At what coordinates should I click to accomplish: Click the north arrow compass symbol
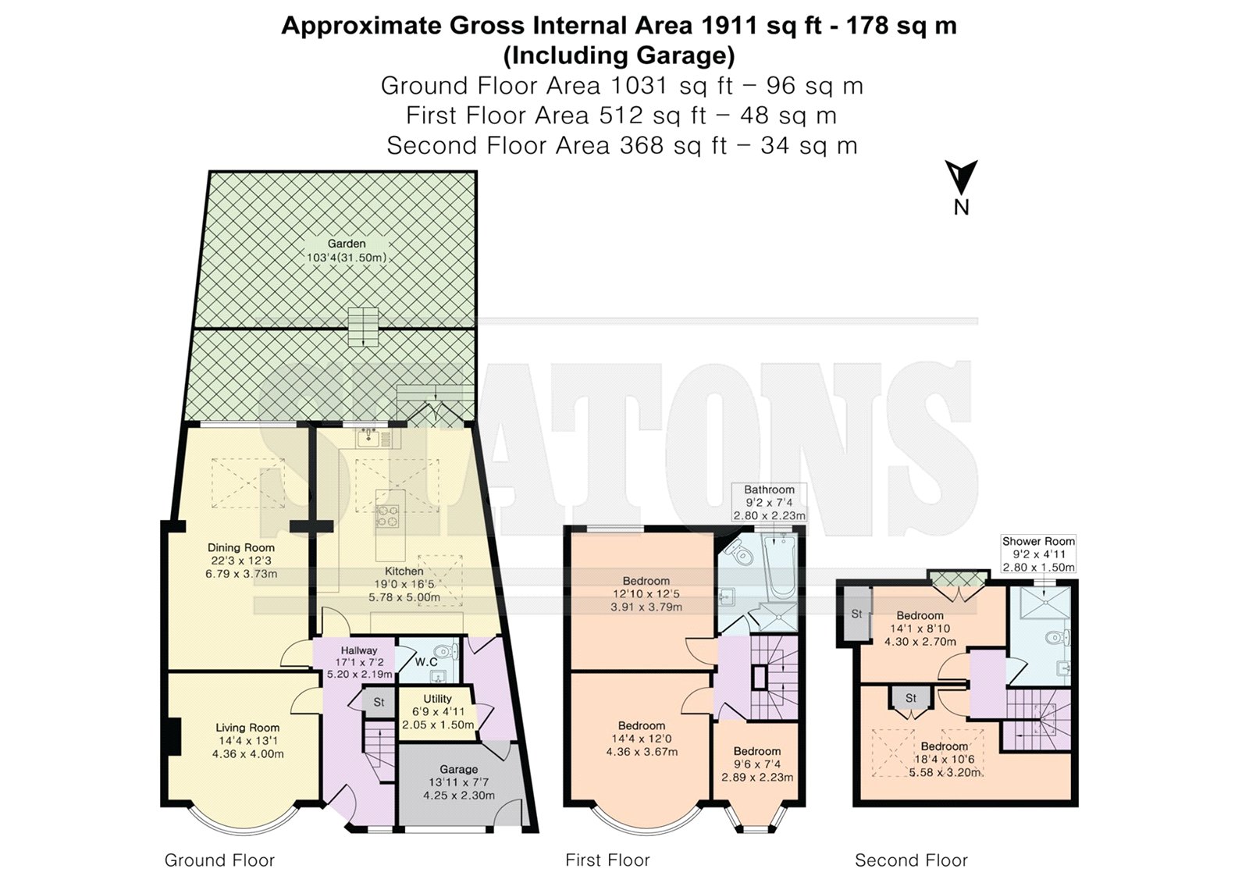pyautogui.click(x=961, y=178)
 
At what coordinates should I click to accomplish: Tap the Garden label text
pyautogui.click(x=347, y=244)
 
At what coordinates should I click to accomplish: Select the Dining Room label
pyautogui.click(x=241, y=548)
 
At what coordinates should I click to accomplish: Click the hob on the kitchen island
pyautogui.click(x=388, y=514)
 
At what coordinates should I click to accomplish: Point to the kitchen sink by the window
pyautogui.click(x=368, y=439)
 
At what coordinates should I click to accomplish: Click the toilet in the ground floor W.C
pyautogui.click(x=447, y=651)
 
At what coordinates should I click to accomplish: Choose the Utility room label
pyautogui.click(x=437, y=699)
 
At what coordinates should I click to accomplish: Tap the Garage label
pyautogui.click(x=459, y=769)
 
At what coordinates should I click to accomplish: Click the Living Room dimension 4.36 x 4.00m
pyautogui.click(x=247, y=754)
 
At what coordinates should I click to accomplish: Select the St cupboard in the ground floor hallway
pyautogui.click(x=379, y=702)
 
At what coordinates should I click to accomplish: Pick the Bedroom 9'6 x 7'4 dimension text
pyautogui.click(x=756, y=764)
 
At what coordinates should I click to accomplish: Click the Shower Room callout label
pyautogui.click(x=1038, y=541)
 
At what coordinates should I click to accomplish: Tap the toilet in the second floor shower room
pyautogui.click(x=1057, y=638)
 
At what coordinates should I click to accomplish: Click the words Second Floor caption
pyautogui.click(x=911, y=860)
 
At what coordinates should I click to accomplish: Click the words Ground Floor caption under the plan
pyautogui.click(x=219, y=860)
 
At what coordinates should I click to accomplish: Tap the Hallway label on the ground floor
pyautogui.click(x=359, y=650)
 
